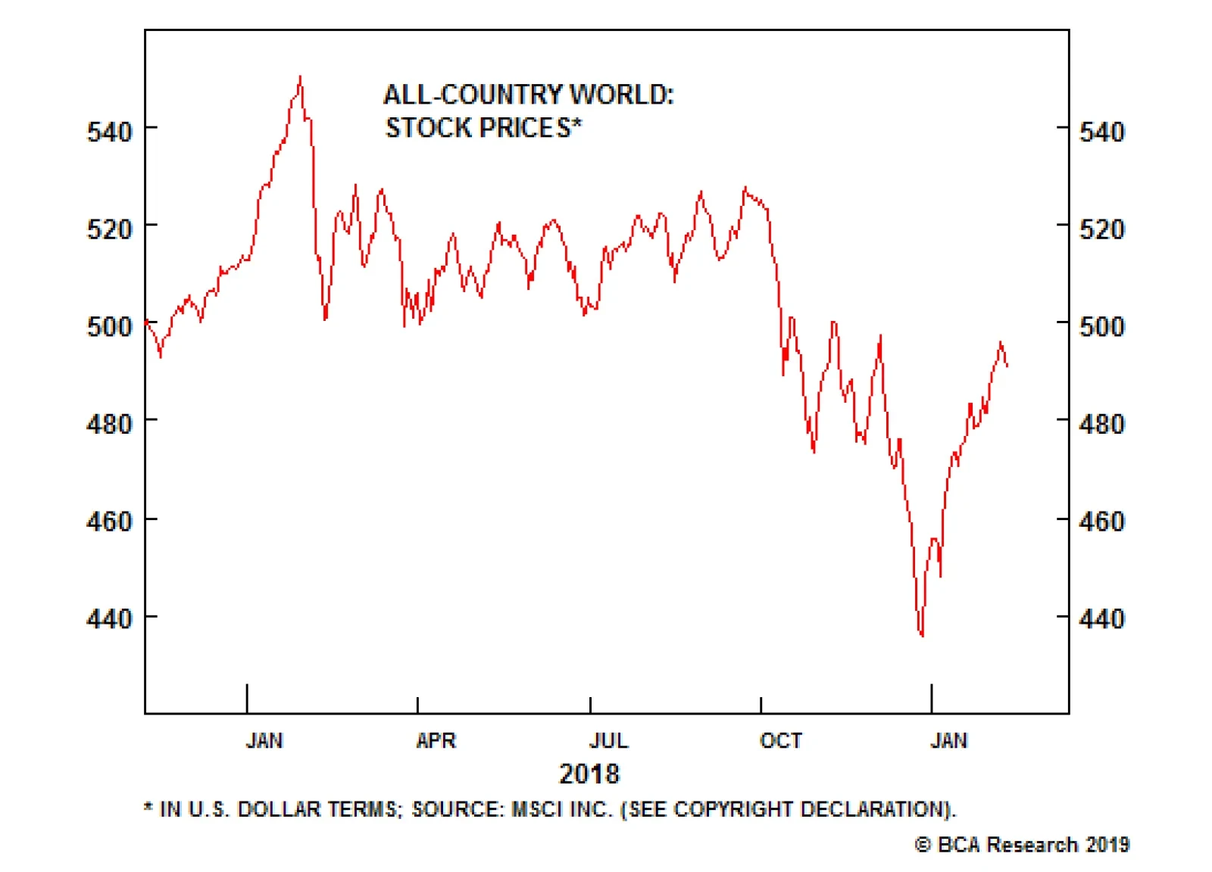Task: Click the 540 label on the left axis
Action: [110, 132]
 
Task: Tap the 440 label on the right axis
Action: [1101, 618]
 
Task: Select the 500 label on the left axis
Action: [110, 326]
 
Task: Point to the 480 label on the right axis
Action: [1101, 424]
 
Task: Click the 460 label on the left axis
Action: [110, 521]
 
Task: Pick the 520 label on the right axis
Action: [1101, 229]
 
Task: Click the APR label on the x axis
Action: [436, 740]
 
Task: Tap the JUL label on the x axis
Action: [608, 740]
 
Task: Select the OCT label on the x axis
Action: [780, 740]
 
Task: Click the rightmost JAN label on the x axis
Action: [948, 740]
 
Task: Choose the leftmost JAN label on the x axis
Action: [264, 740]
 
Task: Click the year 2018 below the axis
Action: [589, 774]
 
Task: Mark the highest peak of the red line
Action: [301, 77]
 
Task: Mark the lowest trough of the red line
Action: [922, 635]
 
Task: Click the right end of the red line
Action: [1007, 366]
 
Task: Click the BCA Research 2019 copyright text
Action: [1023, 844]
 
